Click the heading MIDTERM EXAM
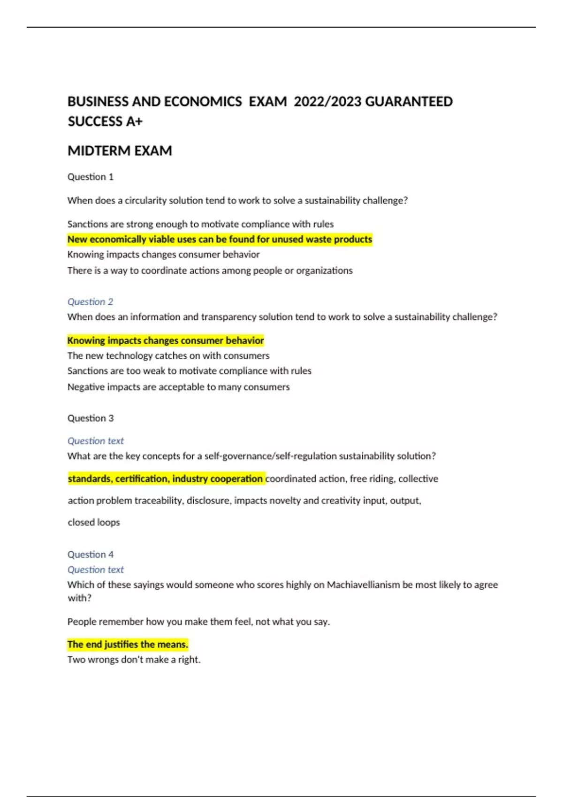pos(120,151)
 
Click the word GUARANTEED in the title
pos(409,102)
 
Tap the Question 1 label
pos(91,177)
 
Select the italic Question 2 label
pos(90,301)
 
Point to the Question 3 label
pos(91,418)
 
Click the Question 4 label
pos(91,554)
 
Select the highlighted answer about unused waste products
pos(220,239)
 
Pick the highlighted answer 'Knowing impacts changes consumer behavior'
pos(165,340)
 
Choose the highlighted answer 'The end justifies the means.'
pos(128,644)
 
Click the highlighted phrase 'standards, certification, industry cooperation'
pos(165,479)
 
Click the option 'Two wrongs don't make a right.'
pos(134,660)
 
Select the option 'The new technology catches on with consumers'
pos(168,356)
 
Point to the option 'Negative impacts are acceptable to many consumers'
pos(178,387)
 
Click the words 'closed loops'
pos(94,522)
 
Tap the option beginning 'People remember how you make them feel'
pos(198,622)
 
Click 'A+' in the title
pos(134,122)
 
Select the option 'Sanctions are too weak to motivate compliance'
pos(189,371)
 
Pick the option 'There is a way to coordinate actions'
pos(210,271)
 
